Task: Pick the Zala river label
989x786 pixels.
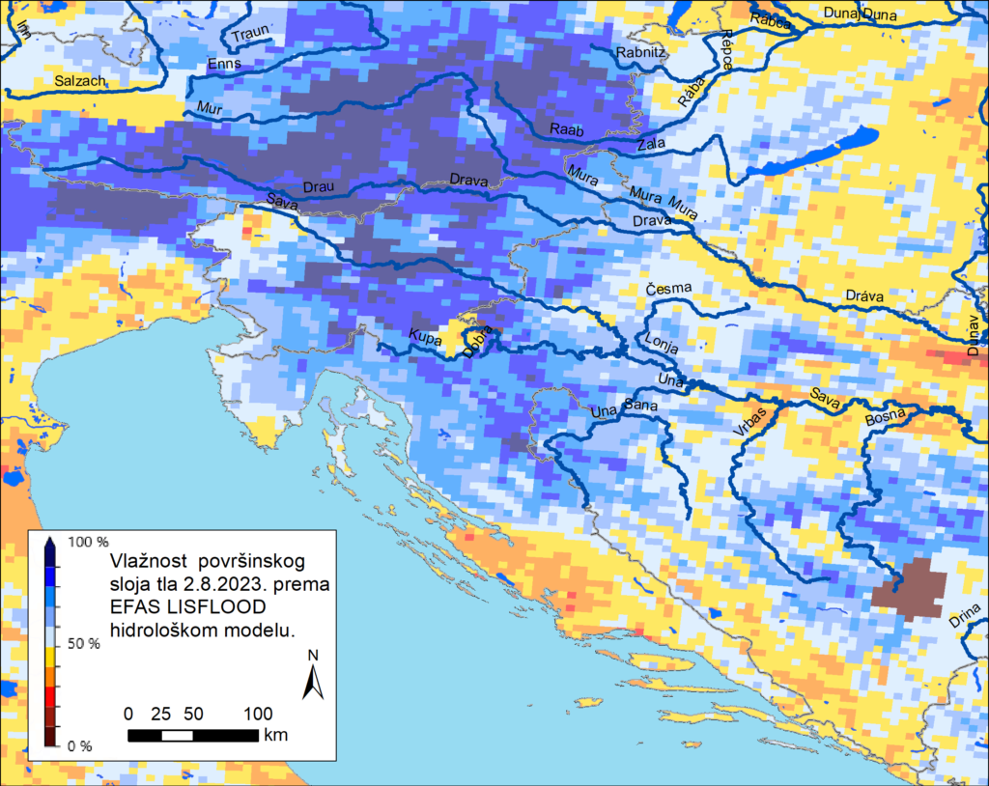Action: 652,144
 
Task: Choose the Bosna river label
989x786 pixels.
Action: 886,417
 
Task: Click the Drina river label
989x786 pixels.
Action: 967,615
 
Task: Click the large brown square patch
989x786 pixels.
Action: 908,587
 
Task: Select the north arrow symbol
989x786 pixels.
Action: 312,676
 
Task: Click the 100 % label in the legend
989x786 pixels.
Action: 79,542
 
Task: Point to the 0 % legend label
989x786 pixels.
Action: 79,745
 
